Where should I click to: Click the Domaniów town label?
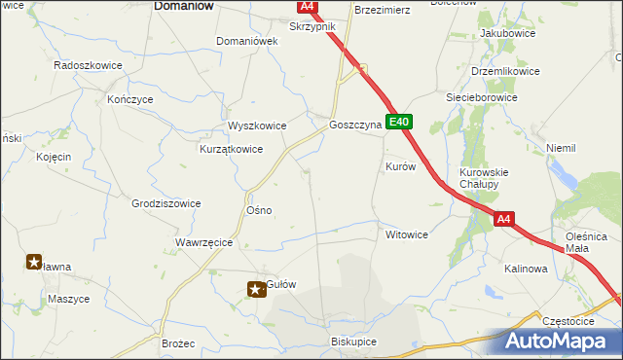click(x=185, y=6)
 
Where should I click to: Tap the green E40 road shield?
click(x=399, y=123)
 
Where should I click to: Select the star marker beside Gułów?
click(x=256, y=287)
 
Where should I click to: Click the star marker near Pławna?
click(x=34, y=261)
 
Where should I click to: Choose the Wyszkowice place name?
click(x=256, y=126)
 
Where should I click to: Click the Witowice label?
click(x=407, y=235)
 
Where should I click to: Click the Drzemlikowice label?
click(x=505, y=72)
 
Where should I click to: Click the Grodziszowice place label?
click(x=166, y=203)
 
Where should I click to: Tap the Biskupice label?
click(x=353, y=342)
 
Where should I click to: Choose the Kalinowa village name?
click(x=526, y=269)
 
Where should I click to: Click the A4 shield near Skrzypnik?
click(x=308, y=6)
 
